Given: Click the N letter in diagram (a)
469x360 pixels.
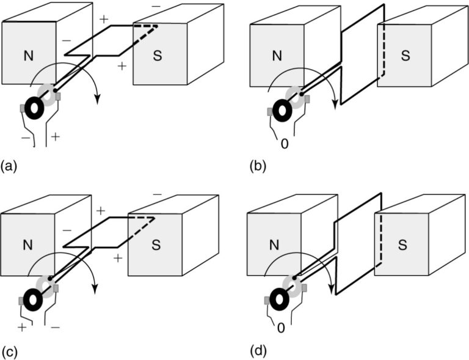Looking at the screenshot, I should point(28,56).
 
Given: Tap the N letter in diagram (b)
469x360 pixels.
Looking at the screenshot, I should point(277,56).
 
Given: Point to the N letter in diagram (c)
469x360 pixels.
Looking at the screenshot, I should point(28,245).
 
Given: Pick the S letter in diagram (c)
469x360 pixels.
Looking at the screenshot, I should point(156,245).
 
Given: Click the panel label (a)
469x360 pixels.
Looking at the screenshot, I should point(10,165).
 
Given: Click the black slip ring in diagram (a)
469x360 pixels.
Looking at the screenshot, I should point(32,108).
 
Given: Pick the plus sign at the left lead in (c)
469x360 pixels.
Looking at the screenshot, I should point(22,328).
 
